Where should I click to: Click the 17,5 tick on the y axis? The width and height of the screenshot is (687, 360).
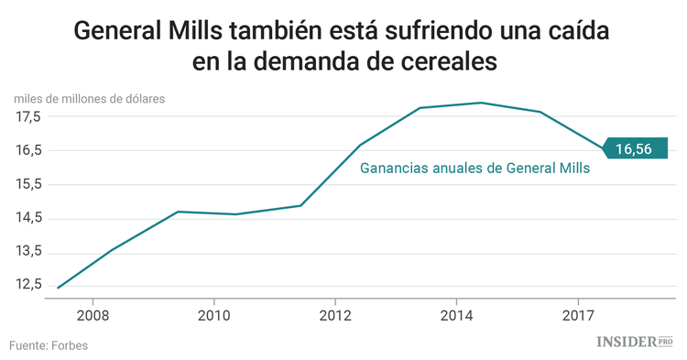pyautogui.click(x=27, y=117)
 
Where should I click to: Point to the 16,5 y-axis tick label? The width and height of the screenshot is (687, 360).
pyautogui.click(x=27, y=150)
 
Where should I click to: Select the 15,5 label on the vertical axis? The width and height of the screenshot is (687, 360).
pyautogui.click(x=27, y=184)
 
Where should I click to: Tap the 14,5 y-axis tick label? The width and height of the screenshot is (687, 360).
pyautogui.click(x=27, y=218)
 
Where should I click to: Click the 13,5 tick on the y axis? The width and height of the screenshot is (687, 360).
pyautogui.click(x=27, y=252)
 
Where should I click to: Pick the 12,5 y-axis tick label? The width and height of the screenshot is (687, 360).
pyautogui.click(x=27, y=285)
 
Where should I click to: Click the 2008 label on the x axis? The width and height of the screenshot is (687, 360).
pyautogui.click(x=93, y=316)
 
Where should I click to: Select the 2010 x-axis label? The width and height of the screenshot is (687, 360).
pyautogui.click(x=213, y=316)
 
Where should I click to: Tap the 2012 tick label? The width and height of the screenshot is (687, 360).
pyautogui.click(x=335, y=316)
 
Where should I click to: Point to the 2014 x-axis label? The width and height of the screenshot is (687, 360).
pyautogui.click(x=456, y=316)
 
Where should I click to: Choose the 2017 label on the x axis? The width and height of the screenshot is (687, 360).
pyautogui.click(x=577, y=316)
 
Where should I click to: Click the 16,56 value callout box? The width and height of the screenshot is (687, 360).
pyautogui.click(x=636, y=148)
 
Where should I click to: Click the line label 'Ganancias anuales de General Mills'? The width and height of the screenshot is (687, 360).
pyautogui.click(x=474, y=169)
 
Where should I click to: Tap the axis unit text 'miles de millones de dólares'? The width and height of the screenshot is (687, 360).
pyautogui.click(x=89, y=98)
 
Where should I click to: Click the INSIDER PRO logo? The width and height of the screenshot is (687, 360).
pyautogui.click(x=634, y=342)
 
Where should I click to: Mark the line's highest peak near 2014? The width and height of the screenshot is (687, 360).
pyautogui.click(x=481, y=103)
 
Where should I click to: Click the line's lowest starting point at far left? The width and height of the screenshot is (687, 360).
pyautogui.click(x=58, y=288)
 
